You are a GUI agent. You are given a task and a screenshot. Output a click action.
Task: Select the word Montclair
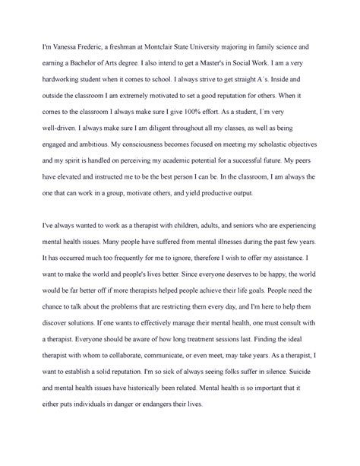(x=188, y=47)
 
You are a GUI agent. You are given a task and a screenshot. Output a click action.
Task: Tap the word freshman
(x=141, y=47)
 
